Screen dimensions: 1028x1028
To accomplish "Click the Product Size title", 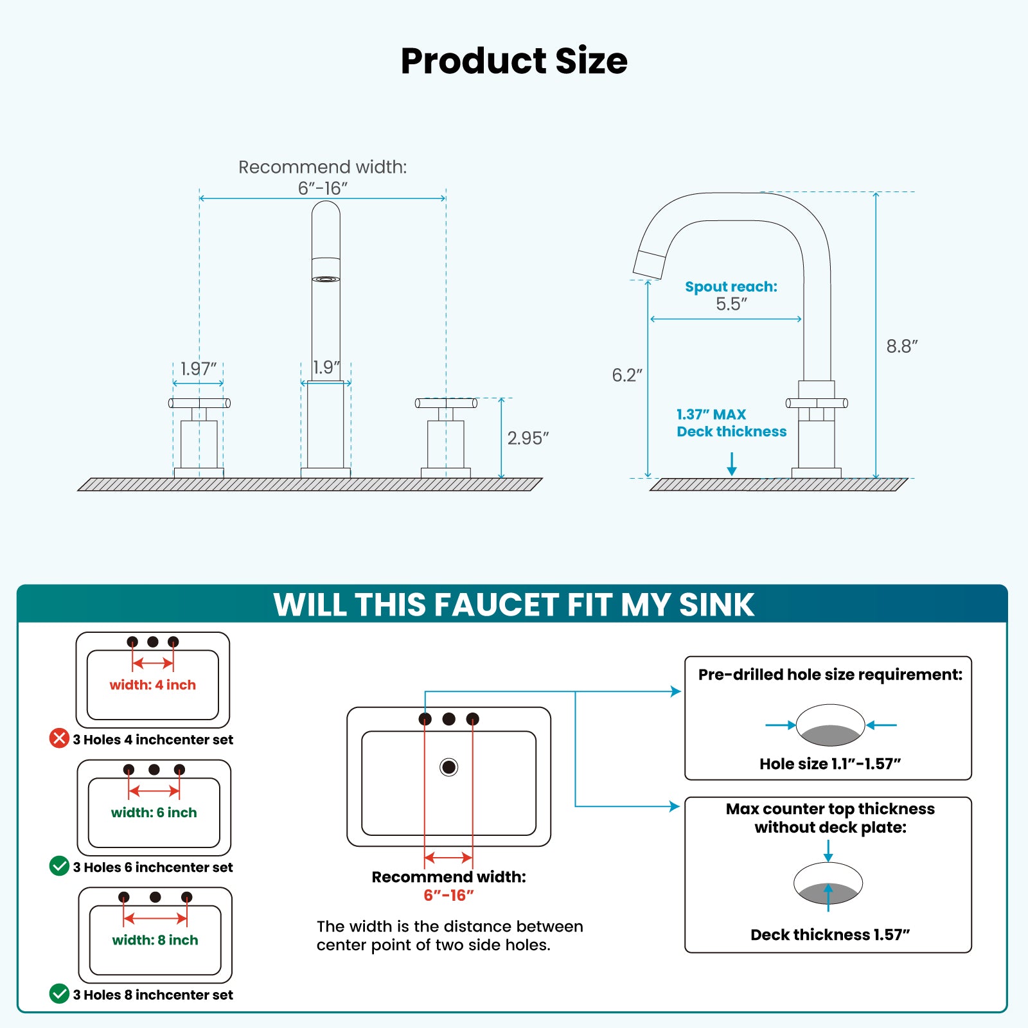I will [514, 61].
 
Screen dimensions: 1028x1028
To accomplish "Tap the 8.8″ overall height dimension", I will [901, 346].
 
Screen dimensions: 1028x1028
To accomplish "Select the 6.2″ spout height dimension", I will [626, 375].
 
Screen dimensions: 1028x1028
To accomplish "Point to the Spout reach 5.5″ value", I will [731, 304].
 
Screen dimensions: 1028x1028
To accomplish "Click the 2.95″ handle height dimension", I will [527, 438].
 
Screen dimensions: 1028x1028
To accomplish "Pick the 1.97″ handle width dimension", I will [198, 369].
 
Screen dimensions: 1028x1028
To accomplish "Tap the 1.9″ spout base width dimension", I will [326, 368].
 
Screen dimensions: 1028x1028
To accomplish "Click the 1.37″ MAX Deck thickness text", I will [731, 423].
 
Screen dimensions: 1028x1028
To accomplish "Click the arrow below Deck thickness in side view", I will [731, 464].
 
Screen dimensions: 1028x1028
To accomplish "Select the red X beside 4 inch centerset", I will [59, 738].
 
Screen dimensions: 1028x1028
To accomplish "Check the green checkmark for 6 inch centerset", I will [59, 866].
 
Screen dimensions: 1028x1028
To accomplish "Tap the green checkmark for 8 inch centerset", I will [59, 994].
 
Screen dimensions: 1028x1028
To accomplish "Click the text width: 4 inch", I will [152, 685].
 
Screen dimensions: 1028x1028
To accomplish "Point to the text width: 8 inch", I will [155, 940].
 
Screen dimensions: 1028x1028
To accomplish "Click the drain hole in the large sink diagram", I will [448, 767].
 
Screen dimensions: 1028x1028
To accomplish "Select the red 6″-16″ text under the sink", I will [448, 895].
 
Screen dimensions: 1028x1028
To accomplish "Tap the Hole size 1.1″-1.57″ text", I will [829, 764].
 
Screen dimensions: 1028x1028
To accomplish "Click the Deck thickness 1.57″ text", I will [829, 935].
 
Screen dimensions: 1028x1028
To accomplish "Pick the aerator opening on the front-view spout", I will [326, 279].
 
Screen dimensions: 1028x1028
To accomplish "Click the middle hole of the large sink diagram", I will [448, 719].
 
